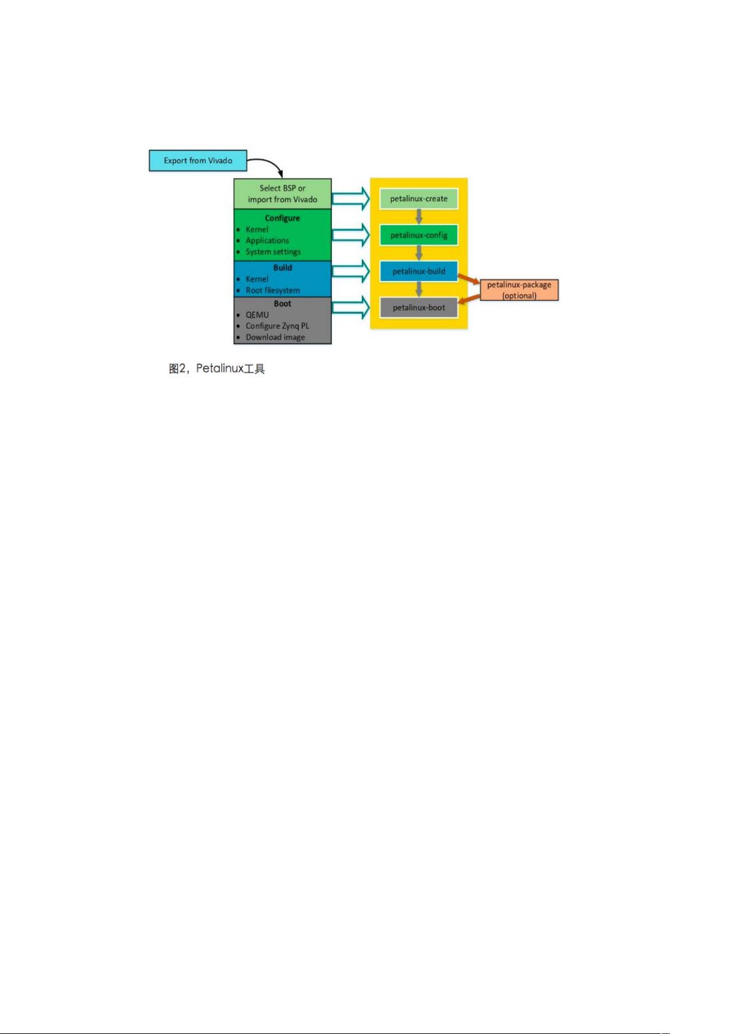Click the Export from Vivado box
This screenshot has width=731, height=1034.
click(x=198, y=161)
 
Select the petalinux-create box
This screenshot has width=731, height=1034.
click(x=419, y=198)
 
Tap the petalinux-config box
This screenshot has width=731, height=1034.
click(x=419, y=235)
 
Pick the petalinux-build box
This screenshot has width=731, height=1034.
click(x=419, y=271)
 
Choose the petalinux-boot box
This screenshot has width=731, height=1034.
click(x=419, y=307)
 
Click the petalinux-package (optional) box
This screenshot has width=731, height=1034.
click(x=519, y=290)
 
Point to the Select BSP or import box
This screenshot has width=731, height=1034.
click(x=283, y=194)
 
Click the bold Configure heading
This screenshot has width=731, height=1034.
click(x=282, y=218)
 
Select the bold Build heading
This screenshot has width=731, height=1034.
click(x=282, y=268)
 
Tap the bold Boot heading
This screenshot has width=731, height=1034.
click(x=282, y=304)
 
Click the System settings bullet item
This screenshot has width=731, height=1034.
click(x=273, y=252)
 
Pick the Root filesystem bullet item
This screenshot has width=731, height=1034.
click(x=272, y=290)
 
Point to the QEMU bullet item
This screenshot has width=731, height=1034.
click(x=257, y=315)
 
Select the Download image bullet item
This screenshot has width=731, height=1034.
click(x=275, y=337)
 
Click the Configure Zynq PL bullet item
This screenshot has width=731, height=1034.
click(x=277, y=326)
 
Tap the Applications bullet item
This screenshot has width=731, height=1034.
click(x=267, y=241)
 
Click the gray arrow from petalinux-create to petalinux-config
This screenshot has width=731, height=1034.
click(x=419, y=217)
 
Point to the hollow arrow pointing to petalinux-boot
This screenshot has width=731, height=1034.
click(x=351, y=307)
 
